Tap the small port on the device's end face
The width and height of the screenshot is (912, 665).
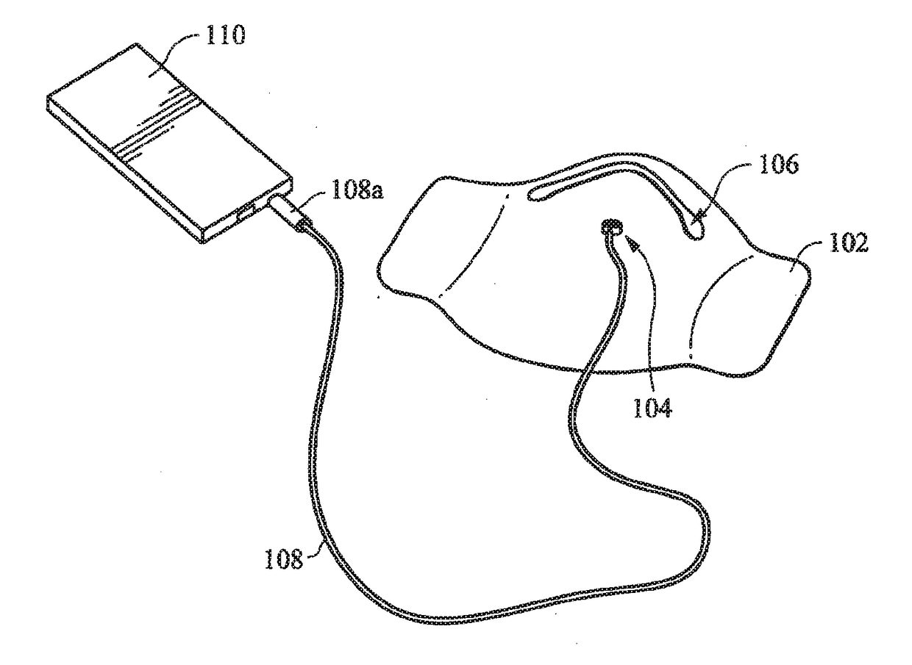(x=245, y=213)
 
